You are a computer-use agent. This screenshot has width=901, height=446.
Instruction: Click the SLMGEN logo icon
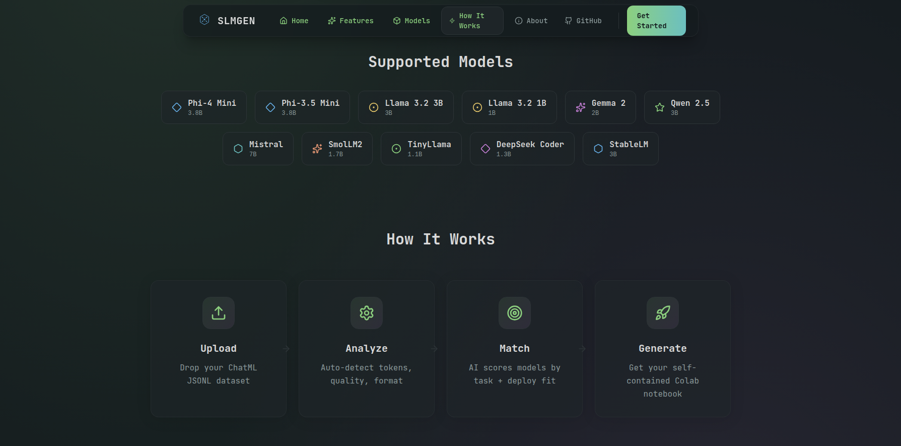coord(204,20)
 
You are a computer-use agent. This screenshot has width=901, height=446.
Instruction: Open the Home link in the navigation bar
coord(294,21)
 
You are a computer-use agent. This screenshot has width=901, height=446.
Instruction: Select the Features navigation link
coord(351,21)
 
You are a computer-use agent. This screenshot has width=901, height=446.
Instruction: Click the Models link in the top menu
coord(411,21)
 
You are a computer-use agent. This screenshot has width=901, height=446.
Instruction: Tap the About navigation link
coord(531,21)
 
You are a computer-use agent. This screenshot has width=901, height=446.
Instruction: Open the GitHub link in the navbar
coord(583,21)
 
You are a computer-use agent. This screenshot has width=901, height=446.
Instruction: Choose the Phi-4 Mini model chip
coord(204,107)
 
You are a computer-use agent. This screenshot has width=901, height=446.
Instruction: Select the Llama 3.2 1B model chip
coord(509,107)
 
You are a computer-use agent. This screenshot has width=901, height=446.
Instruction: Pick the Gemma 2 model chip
coord(600,107)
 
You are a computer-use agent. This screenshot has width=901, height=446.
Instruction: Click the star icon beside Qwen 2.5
coord(660,107)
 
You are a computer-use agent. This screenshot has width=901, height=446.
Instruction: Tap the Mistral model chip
coord(258,149)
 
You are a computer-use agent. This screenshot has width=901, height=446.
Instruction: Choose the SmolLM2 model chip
coord(337,149)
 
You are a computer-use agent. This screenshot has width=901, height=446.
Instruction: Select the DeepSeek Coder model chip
coord(522,149)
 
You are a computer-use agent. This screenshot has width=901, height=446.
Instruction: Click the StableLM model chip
coord(620,149)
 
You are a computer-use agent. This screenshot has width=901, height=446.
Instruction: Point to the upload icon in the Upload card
coord(219,313)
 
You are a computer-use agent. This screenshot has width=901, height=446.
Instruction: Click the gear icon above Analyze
coord(367,313)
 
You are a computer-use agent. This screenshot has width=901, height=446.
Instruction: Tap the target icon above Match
coord(515,313)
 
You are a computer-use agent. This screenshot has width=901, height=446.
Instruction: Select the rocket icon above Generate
coord(663,313)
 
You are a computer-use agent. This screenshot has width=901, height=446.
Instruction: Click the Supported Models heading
coord(441,62)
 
